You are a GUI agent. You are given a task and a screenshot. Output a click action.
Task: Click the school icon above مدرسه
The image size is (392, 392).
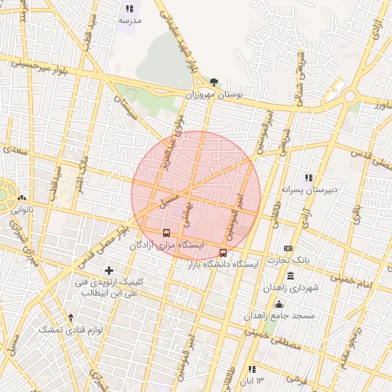pos(128,8)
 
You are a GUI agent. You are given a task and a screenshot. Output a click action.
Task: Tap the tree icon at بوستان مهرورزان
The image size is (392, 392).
pos(214,83)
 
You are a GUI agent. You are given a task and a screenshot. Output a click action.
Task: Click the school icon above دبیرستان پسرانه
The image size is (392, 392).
pos(309,178)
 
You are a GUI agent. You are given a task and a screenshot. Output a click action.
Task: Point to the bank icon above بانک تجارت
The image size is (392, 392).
pos(288,248)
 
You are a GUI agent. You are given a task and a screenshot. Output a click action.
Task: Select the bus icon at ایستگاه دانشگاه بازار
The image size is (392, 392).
pos(223,252)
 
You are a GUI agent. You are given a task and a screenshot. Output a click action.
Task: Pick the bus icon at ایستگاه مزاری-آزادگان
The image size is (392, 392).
pos(166,233)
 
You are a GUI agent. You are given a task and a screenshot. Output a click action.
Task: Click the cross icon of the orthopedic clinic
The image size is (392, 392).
pos(109,270)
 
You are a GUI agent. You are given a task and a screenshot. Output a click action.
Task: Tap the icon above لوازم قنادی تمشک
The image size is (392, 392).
pos(71,317)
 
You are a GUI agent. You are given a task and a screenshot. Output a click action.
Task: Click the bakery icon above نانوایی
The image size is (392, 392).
pos(21,197)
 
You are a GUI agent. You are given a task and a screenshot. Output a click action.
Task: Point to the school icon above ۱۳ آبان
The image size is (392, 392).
pos(252,370)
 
